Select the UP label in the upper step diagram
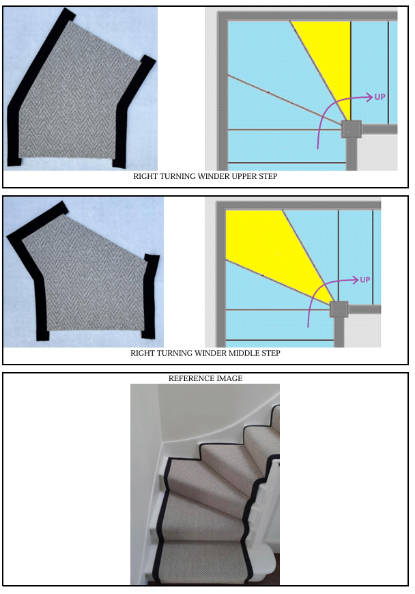point(380,97)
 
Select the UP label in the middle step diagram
point(365,280)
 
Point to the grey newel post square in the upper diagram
point(352,130)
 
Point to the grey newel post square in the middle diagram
point(339,310)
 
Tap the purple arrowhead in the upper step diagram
point(369,97)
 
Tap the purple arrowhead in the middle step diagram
point(355,280)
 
